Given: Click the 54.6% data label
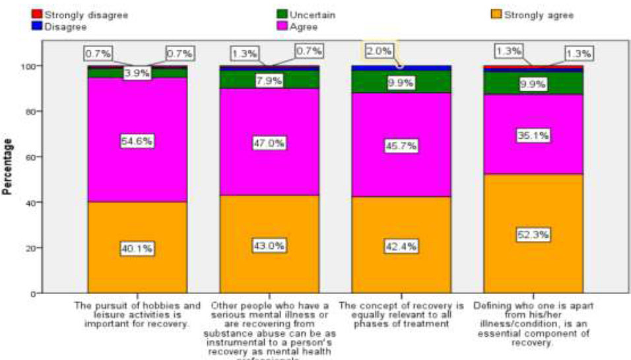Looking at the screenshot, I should [x=137, y=141].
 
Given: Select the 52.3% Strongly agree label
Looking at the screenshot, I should [x=533, y=234].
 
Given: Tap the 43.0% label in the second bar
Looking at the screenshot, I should [x=269, y=246].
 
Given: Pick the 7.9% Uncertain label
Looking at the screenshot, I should [x=269, y=81].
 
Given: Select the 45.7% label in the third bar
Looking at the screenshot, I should [x=401, y=145].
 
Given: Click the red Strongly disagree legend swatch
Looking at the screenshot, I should [x=38, y=14].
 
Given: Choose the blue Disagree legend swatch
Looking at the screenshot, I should [x=38, y=26].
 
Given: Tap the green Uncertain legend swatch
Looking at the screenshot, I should [x=282, y=14].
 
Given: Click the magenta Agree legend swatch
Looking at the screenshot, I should [x=282, y=26].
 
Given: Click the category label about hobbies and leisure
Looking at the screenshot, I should [x=137, y=314].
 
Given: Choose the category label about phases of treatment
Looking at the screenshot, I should [x=401, y=314].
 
